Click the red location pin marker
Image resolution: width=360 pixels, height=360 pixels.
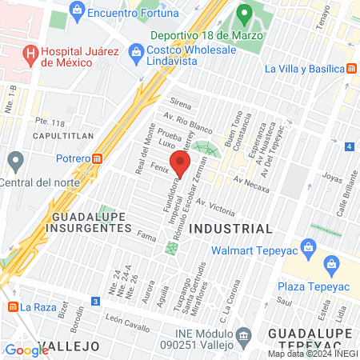point(180,166)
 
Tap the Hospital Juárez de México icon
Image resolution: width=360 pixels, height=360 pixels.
point(31,54)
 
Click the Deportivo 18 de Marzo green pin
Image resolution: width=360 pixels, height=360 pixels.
point(245,14)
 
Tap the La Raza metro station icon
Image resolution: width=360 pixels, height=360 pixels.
point(12,306)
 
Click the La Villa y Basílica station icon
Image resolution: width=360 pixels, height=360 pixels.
point(353,69)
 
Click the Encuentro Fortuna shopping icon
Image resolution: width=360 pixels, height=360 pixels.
point(77,11)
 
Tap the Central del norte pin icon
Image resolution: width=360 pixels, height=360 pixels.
point(14,162)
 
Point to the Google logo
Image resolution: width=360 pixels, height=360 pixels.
point(26,350)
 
